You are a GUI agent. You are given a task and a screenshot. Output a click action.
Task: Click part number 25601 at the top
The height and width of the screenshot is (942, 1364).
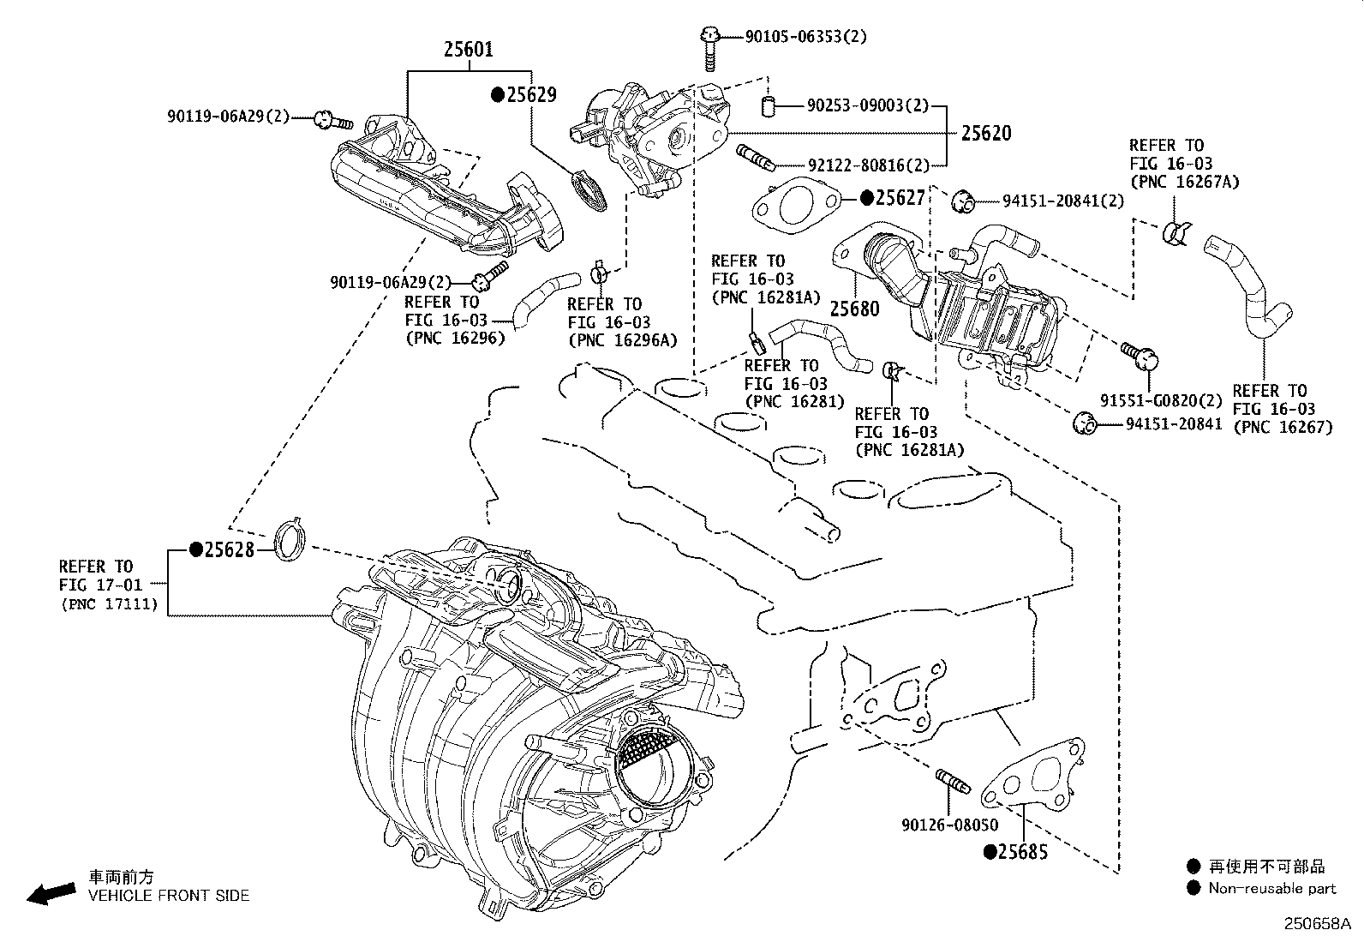468,50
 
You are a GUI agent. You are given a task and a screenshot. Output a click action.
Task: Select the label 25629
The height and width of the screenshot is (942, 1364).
530,95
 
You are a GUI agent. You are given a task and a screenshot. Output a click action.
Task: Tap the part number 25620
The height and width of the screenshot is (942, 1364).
985,133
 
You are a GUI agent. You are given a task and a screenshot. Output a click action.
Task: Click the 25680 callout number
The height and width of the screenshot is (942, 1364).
854,309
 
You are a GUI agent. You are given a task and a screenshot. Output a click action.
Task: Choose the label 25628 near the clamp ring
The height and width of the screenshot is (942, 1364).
229,549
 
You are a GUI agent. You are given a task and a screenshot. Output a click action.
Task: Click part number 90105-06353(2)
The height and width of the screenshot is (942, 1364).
805,36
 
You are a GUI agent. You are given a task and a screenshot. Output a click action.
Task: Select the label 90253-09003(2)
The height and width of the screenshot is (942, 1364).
867,105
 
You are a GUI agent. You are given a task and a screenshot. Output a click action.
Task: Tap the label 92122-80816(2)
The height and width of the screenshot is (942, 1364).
868,165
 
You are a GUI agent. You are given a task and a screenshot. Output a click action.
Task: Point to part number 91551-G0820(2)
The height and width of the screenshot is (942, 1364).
1161,400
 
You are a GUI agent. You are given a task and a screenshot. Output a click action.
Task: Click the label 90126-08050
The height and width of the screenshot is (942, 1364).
949,825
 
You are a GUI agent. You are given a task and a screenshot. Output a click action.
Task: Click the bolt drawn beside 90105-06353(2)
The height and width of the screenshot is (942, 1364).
709,48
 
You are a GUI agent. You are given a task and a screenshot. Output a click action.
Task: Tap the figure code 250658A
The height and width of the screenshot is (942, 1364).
1316,924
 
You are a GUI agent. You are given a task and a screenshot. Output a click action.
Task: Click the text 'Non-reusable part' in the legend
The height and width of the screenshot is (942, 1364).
1271,889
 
